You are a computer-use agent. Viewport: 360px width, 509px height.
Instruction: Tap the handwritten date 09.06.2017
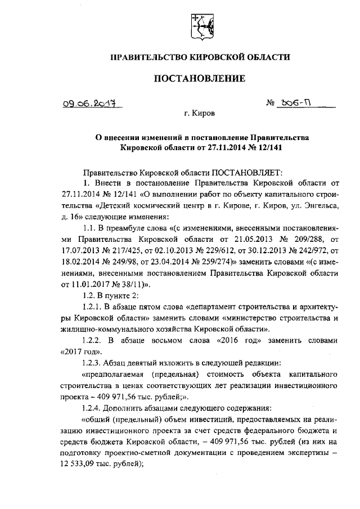[x=84, y=104]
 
